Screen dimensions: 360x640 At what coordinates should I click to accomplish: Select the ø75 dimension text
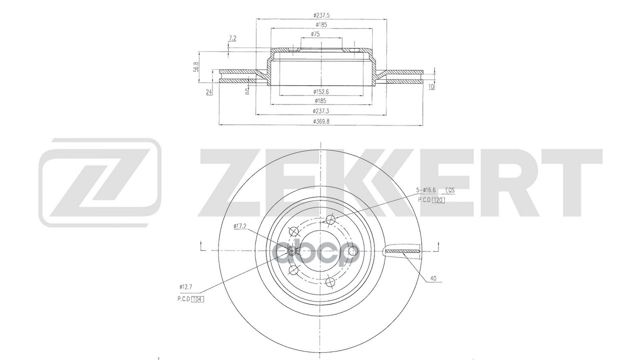point(315,34)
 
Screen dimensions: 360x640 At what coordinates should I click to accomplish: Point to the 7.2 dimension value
point(232,38)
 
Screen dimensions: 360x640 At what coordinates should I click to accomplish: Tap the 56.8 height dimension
point(196,66)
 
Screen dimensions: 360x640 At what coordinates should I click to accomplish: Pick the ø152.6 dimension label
point(321,91)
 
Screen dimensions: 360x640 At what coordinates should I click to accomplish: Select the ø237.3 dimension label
point(321,110)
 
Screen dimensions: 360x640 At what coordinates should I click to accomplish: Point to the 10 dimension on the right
point(431,86)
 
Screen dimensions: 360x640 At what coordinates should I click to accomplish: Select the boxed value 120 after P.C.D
point(438,199)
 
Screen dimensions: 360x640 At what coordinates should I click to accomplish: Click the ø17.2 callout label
point(240,226)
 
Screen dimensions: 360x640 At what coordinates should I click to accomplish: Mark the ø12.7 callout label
point(186,287)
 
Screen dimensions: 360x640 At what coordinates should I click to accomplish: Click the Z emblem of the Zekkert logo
point(100,182)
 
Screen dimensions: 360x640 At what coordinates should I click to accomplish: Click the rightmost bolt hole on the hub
point(352,250)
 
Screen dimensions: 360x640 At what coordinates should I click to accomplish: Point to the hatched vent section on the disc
point(402,250)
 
